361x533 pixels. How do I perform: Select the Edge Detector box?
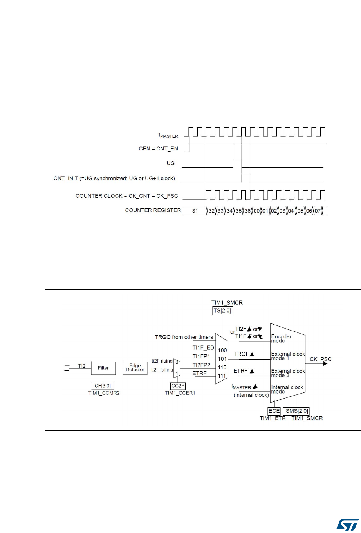pos(135,368)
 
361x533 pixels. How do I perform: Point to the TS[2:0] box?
pos(222,313)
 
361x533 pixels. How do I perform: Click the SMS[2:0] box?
pos(296,411)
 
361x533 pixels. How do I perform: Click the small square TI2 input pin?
pos(67,368)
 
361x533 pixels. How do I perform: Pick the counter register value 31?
pos(195,211)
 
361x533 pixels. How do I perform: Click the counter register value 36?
pos(247,211)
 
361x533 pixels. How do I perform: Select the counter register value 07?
pos(318,211)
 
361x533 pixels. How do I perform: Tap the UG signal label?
pos(170,163)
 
